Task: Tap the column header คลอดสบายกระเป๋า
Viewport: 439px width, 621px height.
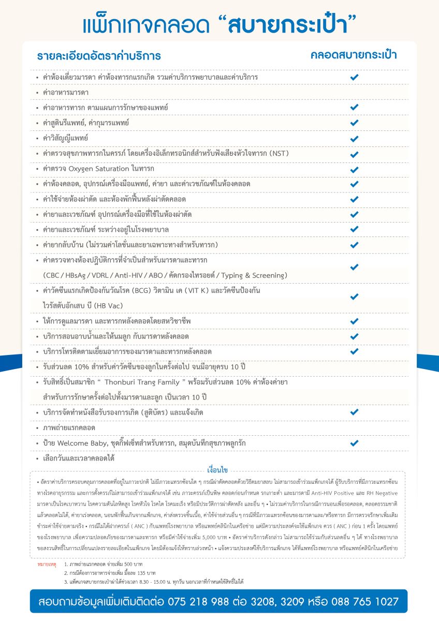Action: (x=354, y=55)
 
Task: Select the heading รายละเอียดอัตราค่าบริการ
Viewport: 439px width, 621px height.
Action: (x=99, y=56)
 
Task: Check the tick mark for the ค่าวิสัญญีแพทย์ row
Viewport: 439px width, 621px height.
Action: (x=354, y=139)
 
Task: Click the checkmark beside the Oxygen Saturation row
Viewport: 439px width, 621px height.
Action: (x=354, y=169)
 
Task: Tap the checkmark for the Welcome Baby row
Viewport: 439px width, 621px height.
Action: (x=354, y=443)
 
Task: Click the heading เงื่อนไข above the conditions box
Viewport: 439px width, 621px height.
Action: (x=217, y=470)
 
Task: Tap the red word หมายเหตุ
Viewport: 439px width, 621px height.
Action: (x=48, y=562)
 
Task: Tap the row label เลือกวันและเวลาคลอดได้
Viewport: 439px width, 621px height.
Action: (x=78, y=458)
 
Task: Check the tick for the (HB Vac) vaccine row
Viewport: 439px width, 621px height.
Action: (x=354, y=297)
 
